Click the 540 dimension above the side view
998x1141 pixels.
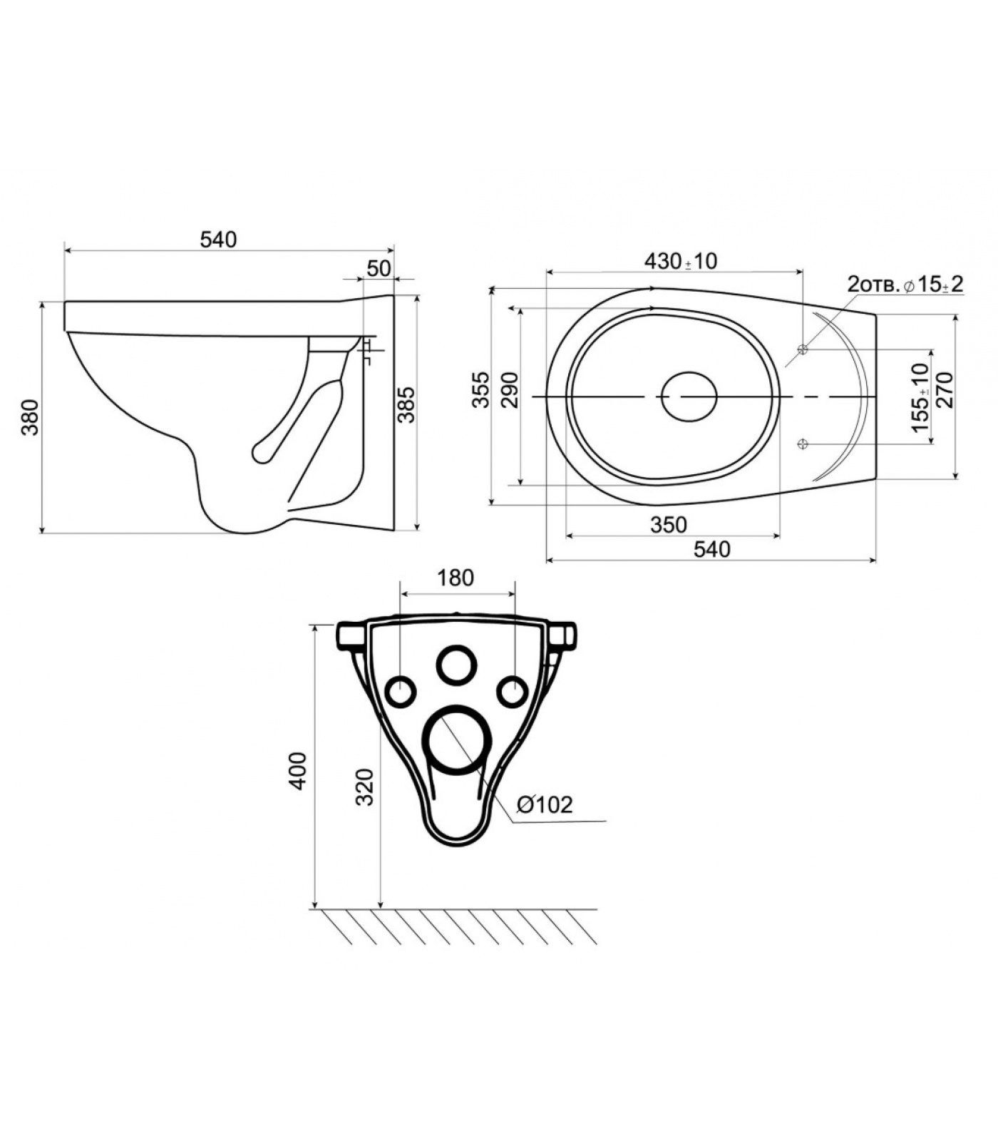coord(218,240)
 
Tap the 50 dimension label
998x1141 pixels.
coord(379,268)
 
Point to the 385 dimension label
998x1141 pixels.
coord(406,405)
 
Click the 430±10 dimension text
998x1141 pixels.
coord(681,261)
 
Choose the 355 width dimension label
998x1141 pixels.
coord(483,389)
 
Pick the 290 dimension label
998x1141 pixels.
coord(510,389)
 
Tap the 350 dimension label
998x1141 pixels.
coord(669,525)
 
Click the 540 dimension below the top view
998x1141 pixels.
coord(711,549)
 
